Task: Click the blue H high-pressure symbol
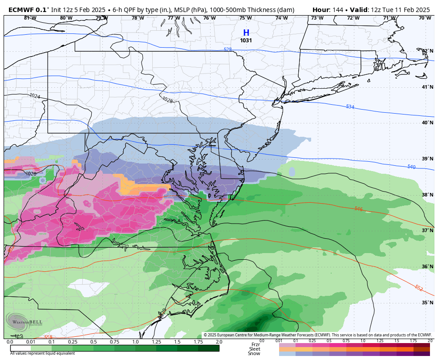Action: tap(246, 33)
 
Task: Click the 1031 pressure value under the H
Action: tap(246, 41)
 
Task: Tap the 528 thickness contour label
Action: tap(227, 50)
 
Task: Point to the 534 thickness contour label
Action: tap(350, 107)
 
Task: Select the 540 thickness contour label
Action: tap(412, 167)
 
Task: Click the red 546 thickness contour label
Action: tap(358, 209)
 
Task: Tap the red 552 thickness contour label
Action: tap(419, 288)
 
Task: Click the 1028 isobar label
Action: tap(167, 100)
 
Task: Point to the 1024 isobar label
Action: tap(34, 96)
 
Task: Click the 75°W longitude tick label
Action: tap(245, 18)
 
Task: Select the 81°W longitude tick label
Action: tap(30, 18)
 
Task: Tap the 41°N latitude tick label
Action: tap(427, 87)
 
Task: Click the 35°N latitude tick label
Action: tap(427, 303)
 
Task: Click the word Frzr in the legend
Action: tap(255, 344)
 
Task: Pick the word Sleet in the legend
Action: tap(255, 349)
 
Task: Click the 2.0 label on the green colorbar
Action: tap(219, 342)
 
